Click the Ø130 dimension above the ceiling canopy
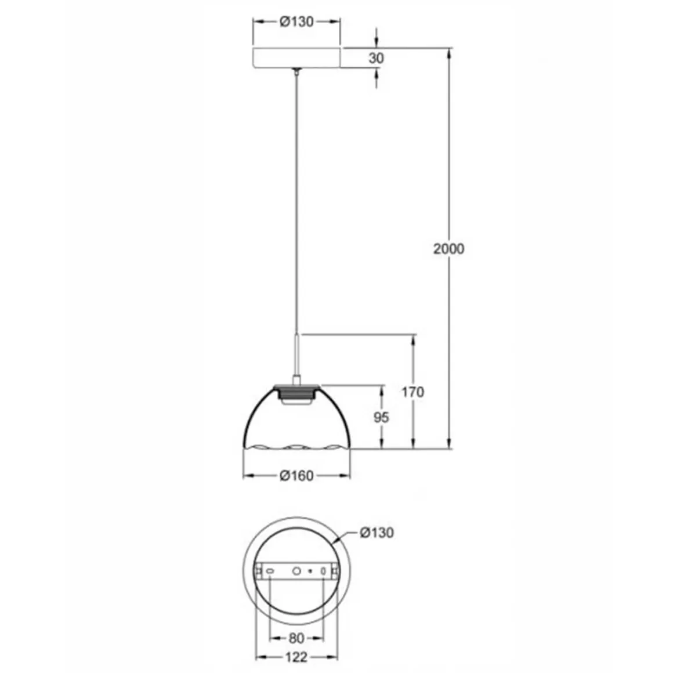point(296,21)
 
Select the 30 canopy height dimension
point(376,58)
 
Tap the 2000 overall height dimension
point(448,248)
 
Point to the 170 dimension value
point(413,392)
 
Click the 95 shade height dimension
point(381,417)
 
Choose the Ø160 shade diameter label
point(296,475)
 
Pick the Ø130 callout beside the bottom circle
point(377,533)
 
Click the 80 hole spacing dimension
point(296,638)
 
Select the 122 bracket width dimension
point(296,657)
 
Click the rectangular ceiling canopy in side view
point(296,58)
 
